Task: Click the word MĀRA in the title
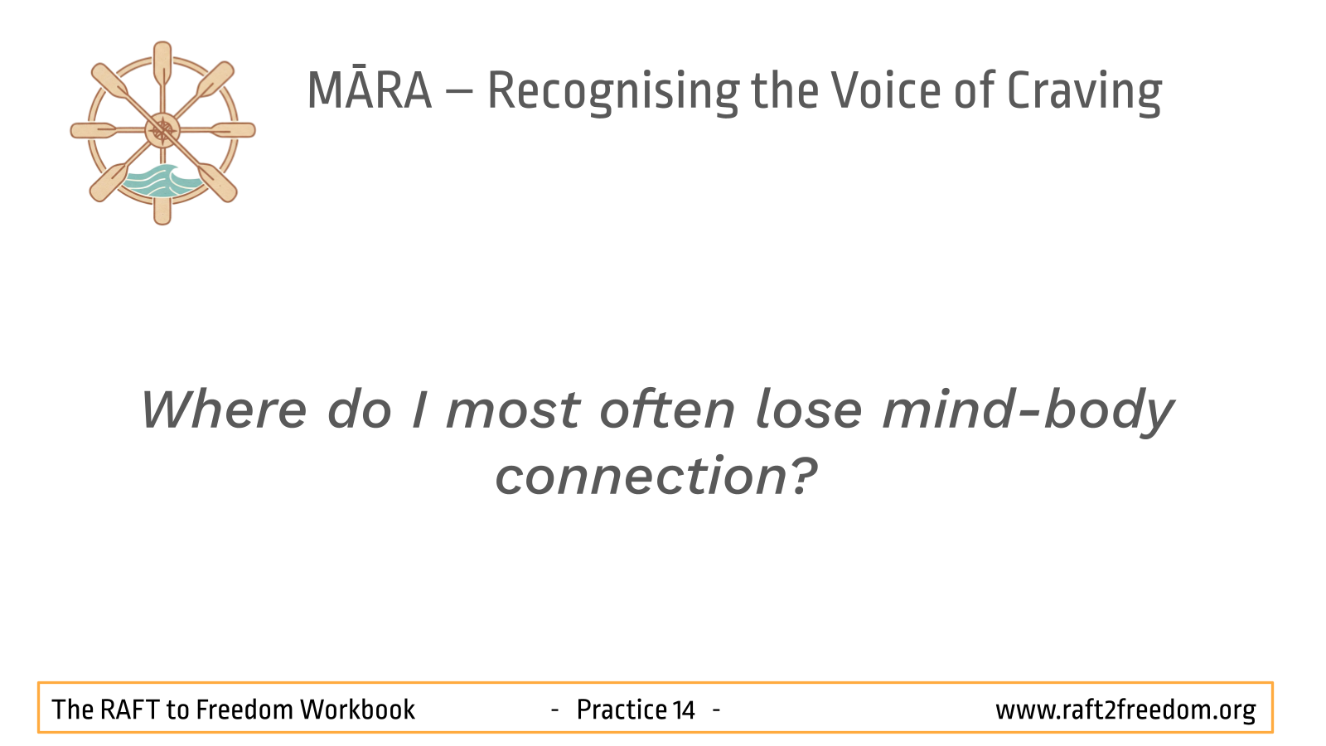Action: point(370,90)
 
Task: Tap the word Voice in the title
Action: point(886,90)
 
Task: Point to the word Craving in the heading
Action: point(1084,92)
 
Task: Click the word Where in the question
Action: point(224,409)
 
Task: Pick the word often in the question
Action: point(667,409)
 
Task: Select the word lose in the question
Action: point(809,409)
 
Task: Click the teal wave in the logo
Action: point(161,181)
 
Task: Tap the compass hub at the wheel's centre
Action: point(162,130)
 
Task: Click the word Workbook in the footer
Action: point(358,710)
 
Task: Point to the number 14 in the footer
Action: point(683,710)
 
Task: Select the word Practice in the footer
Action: point(622,710)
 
